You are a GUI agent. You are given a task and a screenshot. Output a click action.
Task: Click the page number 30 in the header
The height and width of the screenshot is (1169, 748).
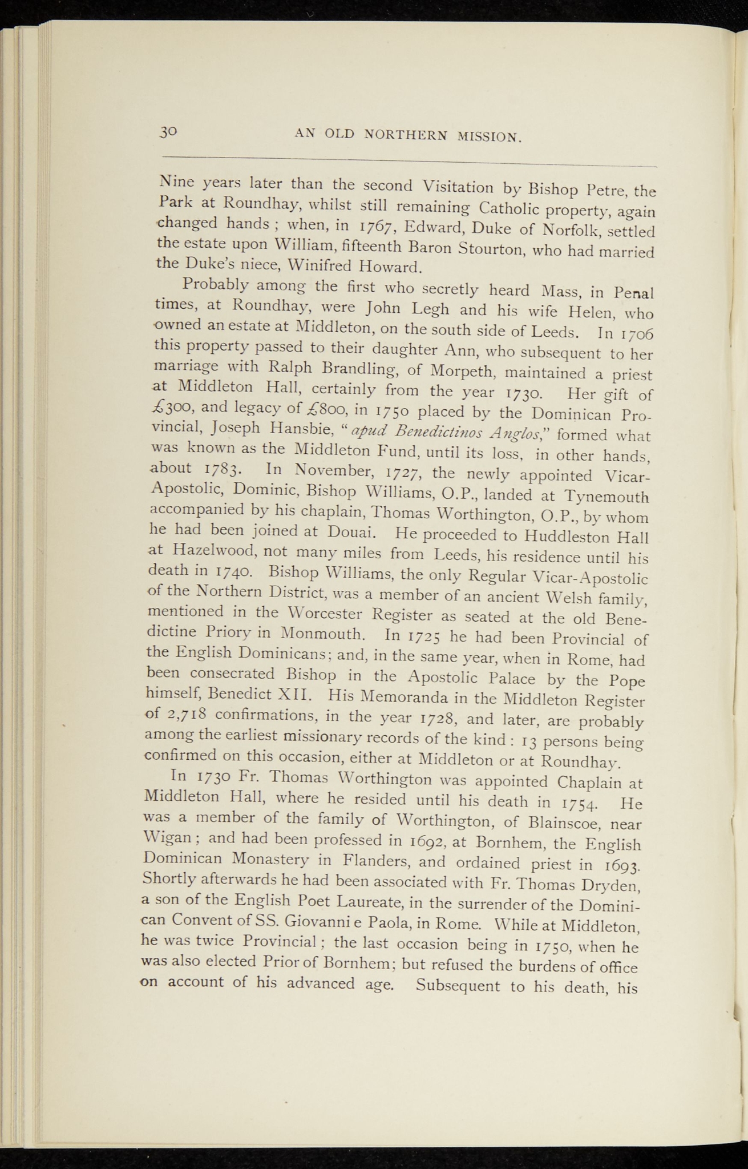click(169, 132)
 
